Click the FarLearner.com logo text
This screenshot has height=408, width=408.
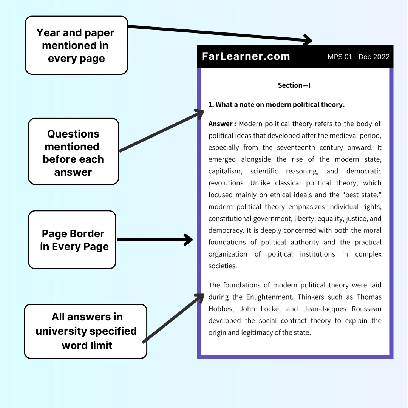pyautogui.click(x=246, y=57)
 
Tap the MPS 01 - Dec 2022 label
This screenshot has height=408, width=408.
pyautogui.click(x=358, y=57)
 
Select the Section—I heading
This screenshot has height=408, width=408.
pyautogui.click(x=294, y=85)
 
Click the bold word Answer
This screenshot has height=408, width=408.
pyautogui.click(x=221, y=124)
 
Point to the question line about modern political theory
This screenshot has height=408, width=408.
pyautogui.click(x=277, y=105)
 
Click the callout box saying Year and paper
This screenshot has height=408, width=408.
pyautogui.click(x=76, y=45)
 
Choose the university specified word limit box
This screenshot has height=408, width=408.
pyautogui.click(x=86, y=331)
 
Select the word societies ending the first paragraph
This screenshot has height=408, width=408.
pyautogui.click(x=222, y=266)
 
